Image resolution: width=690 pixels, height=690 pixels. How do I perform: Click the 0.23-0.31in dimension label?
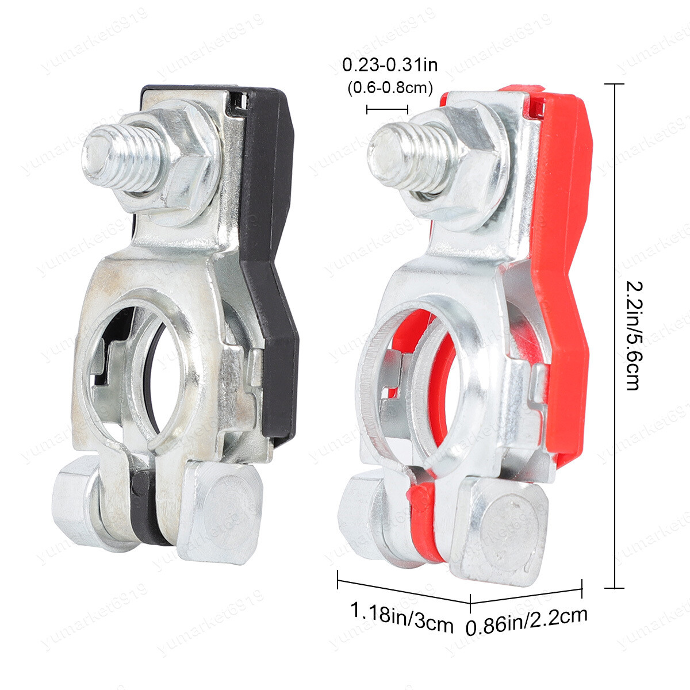point(390,66)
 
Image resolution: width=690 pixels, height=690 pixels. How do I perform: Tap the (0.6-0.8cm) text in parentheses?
point(390,88)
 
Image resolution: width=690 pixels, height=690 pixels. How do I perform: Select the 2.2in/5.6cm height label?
point(634,335)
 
